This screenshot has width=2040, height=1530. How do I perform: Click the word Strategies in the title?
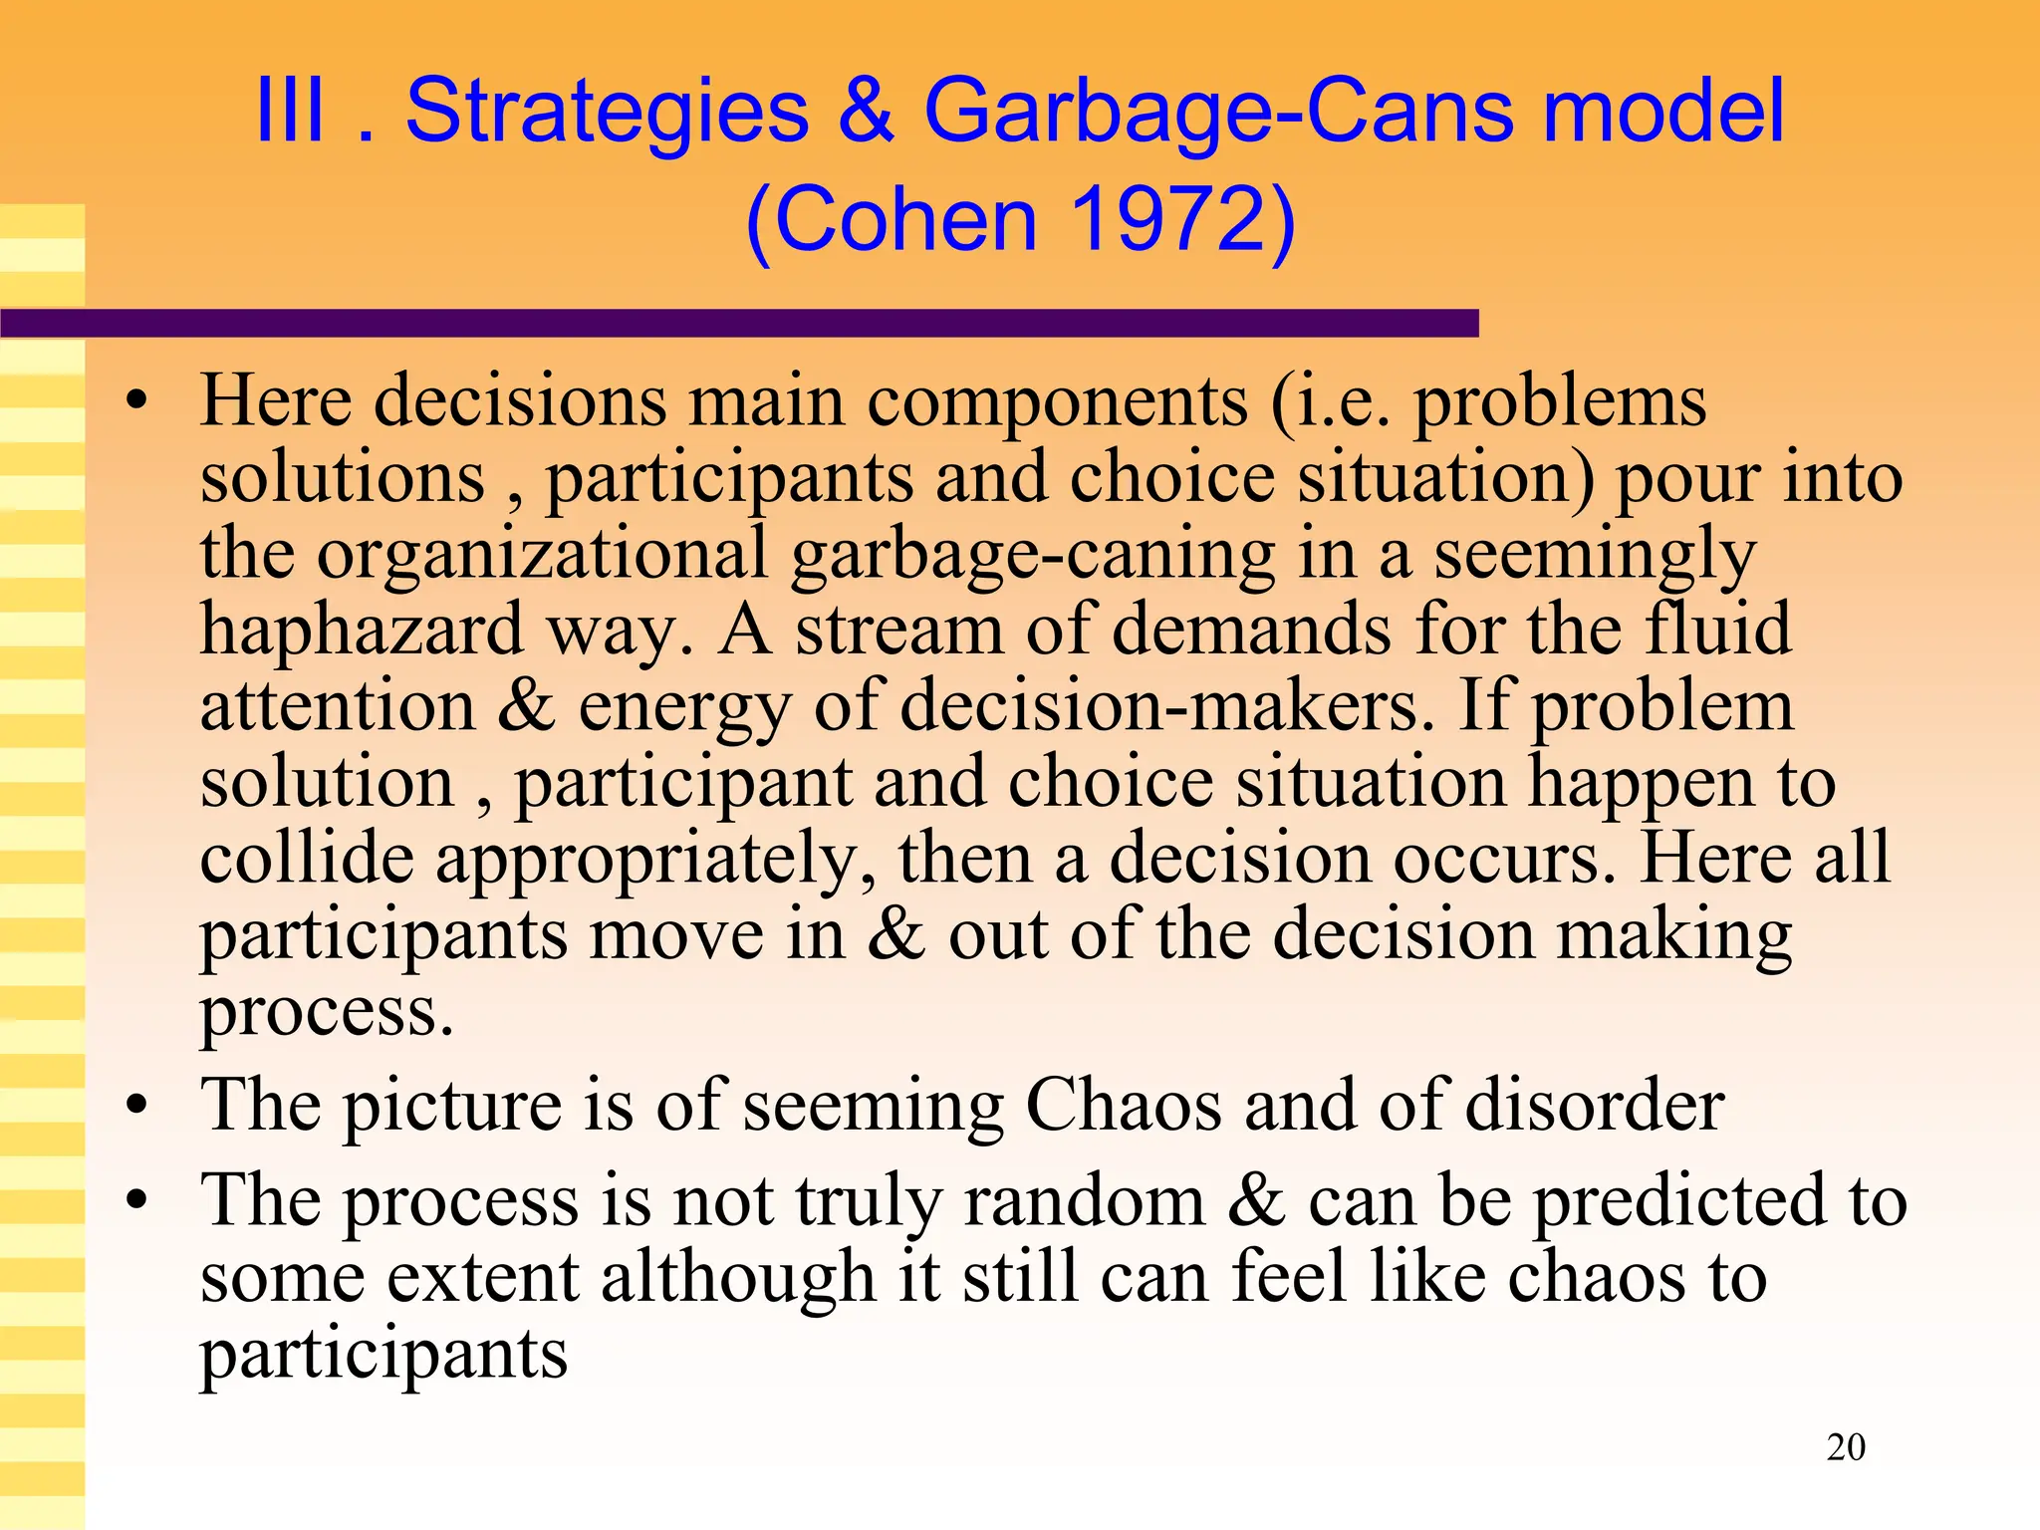pyautogui.click(x=608, y=112)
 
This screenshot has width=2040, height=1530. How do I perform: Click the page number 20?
pyautogui.click(x=1846, y=1446)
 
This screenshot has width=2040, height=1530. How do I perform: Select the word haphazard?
pyautogui.click(x=362, y=631)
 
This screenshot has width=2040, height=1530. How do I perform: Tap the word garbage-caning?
pyautogui.click(x=1033, y=555)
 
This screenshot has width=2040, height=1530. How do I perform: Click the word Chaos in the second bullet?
pyautogui.click(x=1124, y=1105)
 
